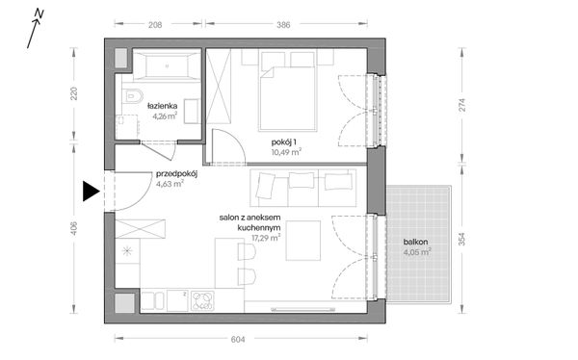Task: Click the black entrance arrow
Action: pos(91,192)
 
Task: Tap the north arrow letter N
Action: pos(39,13)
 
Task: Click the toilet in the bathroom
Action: pos(132,96)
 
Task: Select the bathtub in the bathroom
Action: pos(167,66)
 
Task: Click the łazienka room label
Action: pos(162,106)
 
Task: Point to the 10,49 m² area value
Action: pos(286,151)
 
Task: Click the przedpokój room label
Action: pos(176,174)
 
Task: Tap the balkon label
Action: pos(415,243)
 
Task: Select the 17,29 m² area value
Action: pos(266,238)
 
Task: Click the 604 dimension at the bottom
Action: pos(238,340)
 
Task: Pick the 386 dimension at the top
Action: pos(283,25)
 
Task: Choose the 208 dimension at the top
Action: pos(155,25)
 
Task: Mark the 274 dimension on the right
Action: pos(462,105)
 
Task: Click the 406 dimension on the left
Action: pos(74,228)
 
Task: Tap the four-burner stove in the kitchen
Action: pos(202,300)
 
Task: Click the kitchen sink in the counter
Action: pos(153,300)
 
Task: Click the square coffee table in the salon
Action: pos(303,241)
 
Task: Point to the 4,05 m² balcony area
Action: pos(417,252)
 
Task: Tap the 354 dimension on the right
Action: pos(462,239)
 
